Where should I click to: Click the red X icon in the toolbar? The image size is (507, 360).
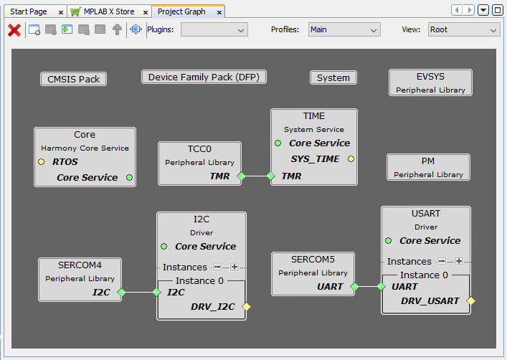[x=14, y=30]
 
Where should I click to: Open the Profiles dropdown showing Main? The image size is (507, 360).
[x=344, y=29]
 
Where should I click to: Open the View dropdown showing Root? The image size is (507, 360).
[x=464, y=29]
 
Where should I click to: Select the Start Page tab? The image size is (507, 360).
[x=29, y=11]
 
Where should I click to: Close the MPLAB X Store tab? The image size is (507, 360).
[x=146, y=13]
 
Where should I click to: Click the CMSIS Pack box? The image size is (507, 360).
[x=73, y=80]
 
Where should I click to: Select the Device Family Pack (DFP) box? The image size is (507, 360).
[x=204, y=77]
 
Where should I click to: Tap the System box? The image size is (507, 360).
[x=333, y=78]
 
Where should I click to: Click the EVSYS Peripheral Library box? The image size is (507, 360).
[x=430, y=82]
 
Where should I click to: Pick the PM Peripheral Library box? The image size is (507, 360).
[x=428, y=167]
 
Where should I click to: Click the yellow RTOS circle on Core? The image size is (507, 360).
[x=42, y=161]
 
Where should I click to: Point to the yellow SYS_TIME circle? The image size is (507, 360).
[x=351, y=158]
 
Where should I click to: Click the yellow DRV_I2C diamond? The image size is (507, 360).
[x=247, y=306]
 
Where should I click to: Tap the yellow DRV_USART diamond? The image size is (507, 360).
[x=470, y=300]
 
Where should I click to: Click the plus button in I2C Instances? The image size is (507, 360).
[x=234, y=267]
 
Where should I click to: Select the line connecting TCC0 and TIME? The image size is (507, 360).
[x=256, y=176]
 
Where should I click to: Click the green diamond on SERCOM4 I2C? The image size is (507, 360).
[x=121, y=292]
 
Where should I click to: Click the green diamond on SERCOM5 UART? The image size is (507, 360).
[x=354, y=286]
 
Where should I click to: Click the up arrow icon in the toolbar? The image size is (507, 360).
[x=117, y=29]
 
